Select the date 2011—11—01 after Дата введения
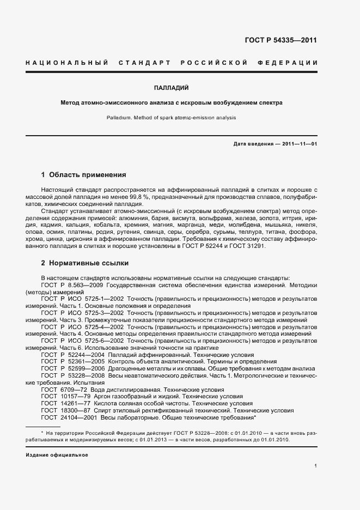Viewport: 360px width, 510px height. [298, 143]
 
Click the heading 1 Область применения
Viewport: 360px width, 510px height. [84, 175]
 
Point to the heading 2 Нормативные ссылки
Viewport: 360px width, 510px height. [85, 263]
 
